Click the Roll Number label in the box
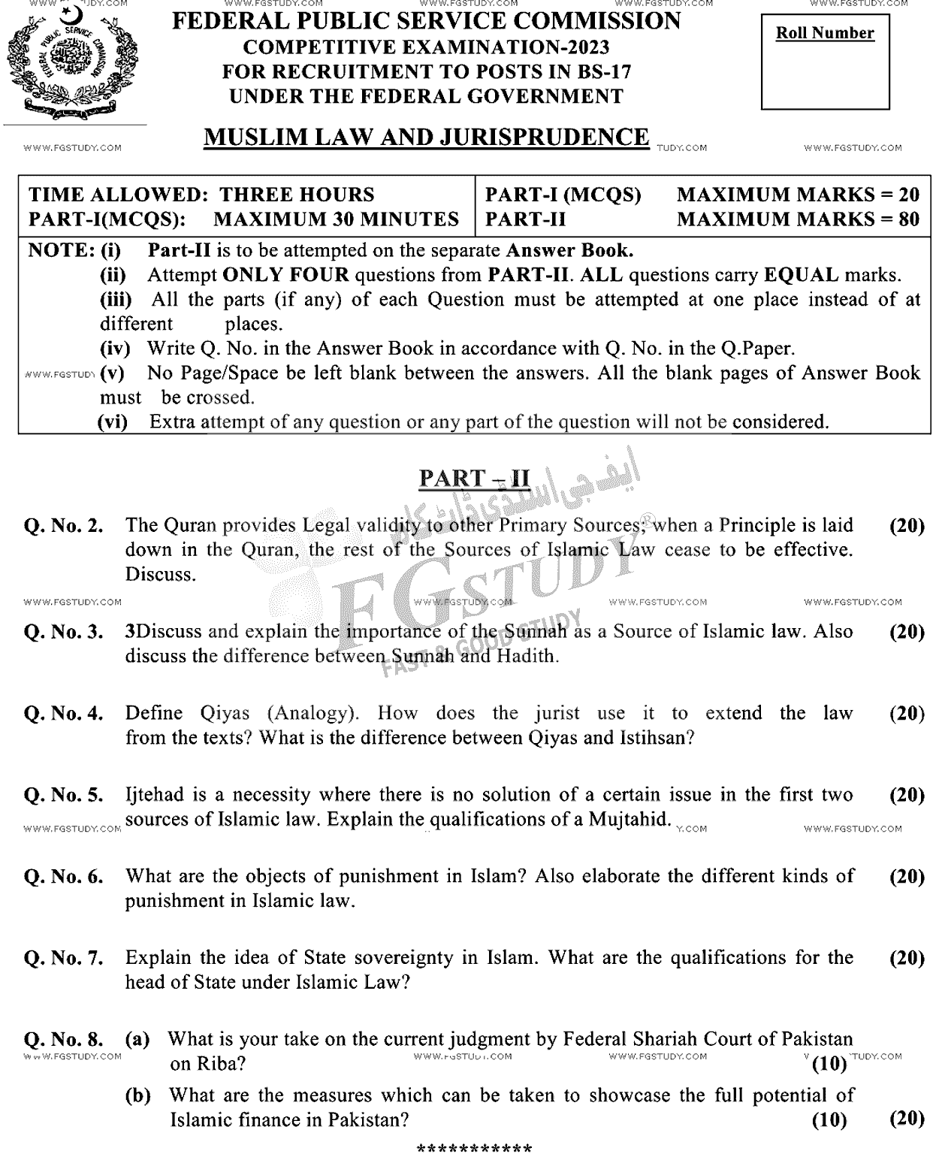click(824, 33)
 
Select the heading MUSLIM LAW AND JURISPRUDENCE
click(426, 137)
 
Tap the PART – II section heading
click(474, 478)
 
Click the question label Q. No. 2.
click(64, 525)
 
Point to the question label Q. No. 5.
click(64, 795)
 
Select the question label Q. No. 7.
click(64, 958)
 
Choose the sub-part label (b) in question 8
click(137, 1095)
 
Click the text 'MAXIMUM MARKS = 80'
click(798, 219)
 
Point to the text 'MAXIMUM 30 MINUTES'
click(336, 219)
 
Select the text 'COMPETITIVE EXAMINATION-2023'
click(426, 47)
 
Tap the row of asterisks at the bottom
click(474, 1148)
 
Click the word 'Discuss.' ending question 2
click(160, 574)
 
